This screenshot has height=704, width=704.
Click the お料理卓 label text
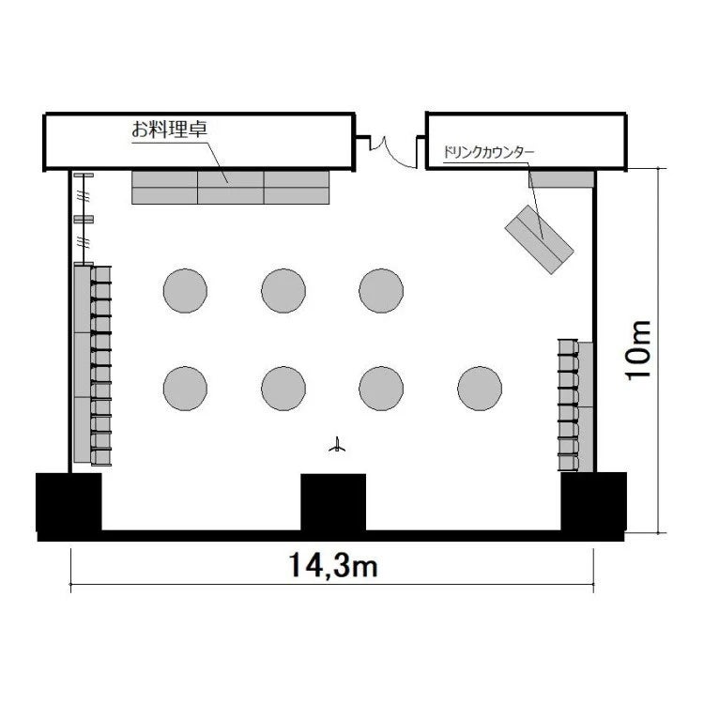click(169, 130)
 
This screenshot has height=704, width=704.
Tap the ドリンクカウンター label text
click(488, 153)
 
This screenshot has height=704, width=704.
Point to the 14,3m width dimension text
click(332, 565)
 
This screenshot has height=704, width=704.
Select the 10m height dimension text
click(638, 350)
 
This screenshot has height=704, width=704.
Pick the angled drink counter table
click(539, 239)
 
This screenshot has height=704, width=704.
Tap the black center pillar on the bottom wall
click(333, 502)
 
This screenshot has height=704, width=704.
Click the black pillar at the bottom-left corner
click(69, 502)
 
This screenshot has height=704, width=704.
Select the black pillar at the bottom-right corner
click(593, 501)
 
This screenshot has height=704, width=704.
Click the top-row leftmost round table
click(186, 291)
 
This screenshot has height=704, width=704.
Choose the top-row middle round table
click(283, 291)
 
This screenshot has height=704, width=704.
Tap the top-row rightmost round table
click(381, 291)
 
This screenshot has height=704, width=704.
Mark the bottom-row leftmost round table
click(186, 389)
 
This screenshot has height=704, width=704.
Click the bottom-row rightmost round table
click(480, 389)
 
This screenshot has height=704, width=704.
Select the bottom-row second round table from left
click(283, 389)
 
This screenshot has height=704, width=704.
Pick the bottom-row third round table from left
click(381, 389)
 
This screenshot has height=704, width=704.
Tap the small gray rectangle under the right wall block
click(561, 179)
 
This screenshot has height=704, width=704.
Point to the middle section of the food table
click(230, 187)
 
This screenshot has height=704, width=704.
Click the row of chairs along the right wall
click(568, 405)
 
